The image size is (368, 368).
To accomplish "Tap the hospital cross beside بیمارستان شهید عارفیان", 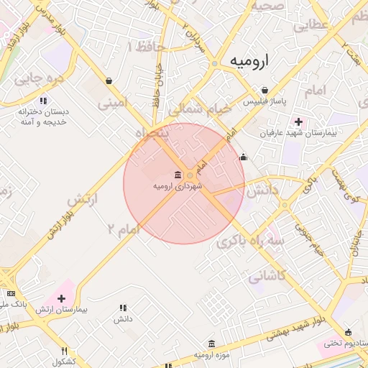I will pyautogui.click(x=298, y=121).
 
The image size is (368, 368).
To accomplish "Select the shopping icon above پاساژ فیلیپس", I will pyautogui.click(x=265, y=91).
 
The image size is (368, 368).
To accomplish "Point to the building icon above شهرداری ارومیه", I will pyautogui.click(x=178, y=175).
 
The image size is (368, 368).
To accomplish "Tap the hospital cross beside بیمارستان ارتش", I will pyautogui.click(x=61, y=298).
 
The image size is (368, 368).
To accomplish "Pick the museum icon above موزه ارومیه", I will pyautogui.click(x=211, y=344).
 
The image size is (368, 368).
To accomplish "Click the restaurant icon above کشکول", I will pyautogui.click(x=65, y=351).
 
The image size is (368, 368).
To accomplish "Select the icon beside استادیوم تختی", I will pyautogui.click(x=349, y=332).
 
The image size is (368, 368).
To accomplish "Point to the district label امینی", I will pyautogui.click(x=112, y=103).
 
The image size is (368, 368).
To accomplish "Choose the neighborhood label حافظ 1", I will pyautogui.click(x=146, y=47).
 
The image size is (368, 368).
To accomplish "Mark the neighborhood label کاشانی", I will pyautogui.click(x=267, y=275).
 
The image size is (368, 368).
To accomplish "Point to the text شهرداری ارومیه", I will pyautogui.click(x=178, y=186).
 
